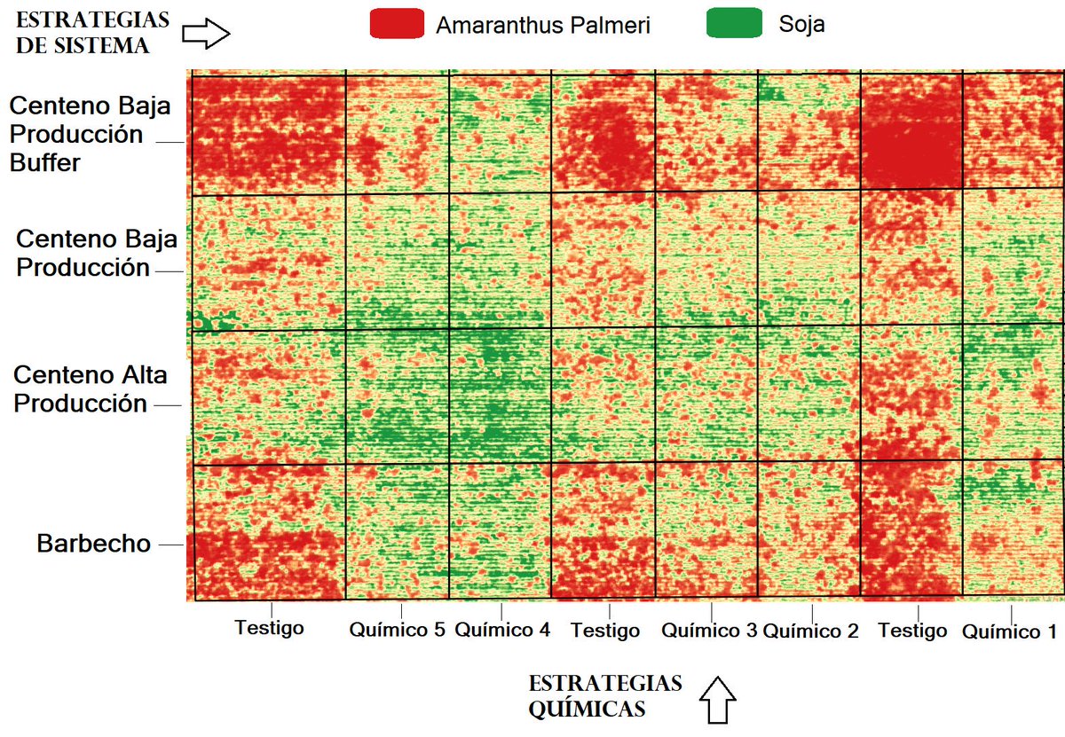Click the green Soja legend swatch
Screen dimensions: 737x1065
(x=733, y=24)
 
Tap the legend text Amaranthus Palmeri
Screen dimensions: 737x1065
(x=542, y=26)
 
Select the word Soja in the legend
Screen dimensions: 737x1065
(x=801, y=24)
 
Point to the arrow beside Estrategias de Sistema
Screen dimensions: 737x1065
(x=206, y=34)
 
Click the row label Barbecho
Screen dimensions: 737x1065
(x=94, y=544)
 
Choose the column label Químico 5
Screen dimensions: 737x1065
(x=397, y=631)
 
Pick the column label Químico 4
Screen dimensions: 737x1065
(x=502, y=631)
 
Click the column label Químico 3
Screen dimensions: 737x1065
(x=708, y=631)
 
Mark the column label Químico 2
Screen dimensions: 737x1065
(x=811, y=631)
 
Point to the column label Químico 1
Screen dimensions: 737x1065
(x=1009, y=631)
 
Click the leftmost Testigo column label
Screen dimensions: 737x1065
(x=269, y=628)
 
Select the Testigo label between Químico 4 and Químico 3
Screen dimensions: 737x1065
(x=605, y=631)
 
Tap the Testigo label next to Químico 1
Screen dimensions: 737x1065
(x=912, y=631)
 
